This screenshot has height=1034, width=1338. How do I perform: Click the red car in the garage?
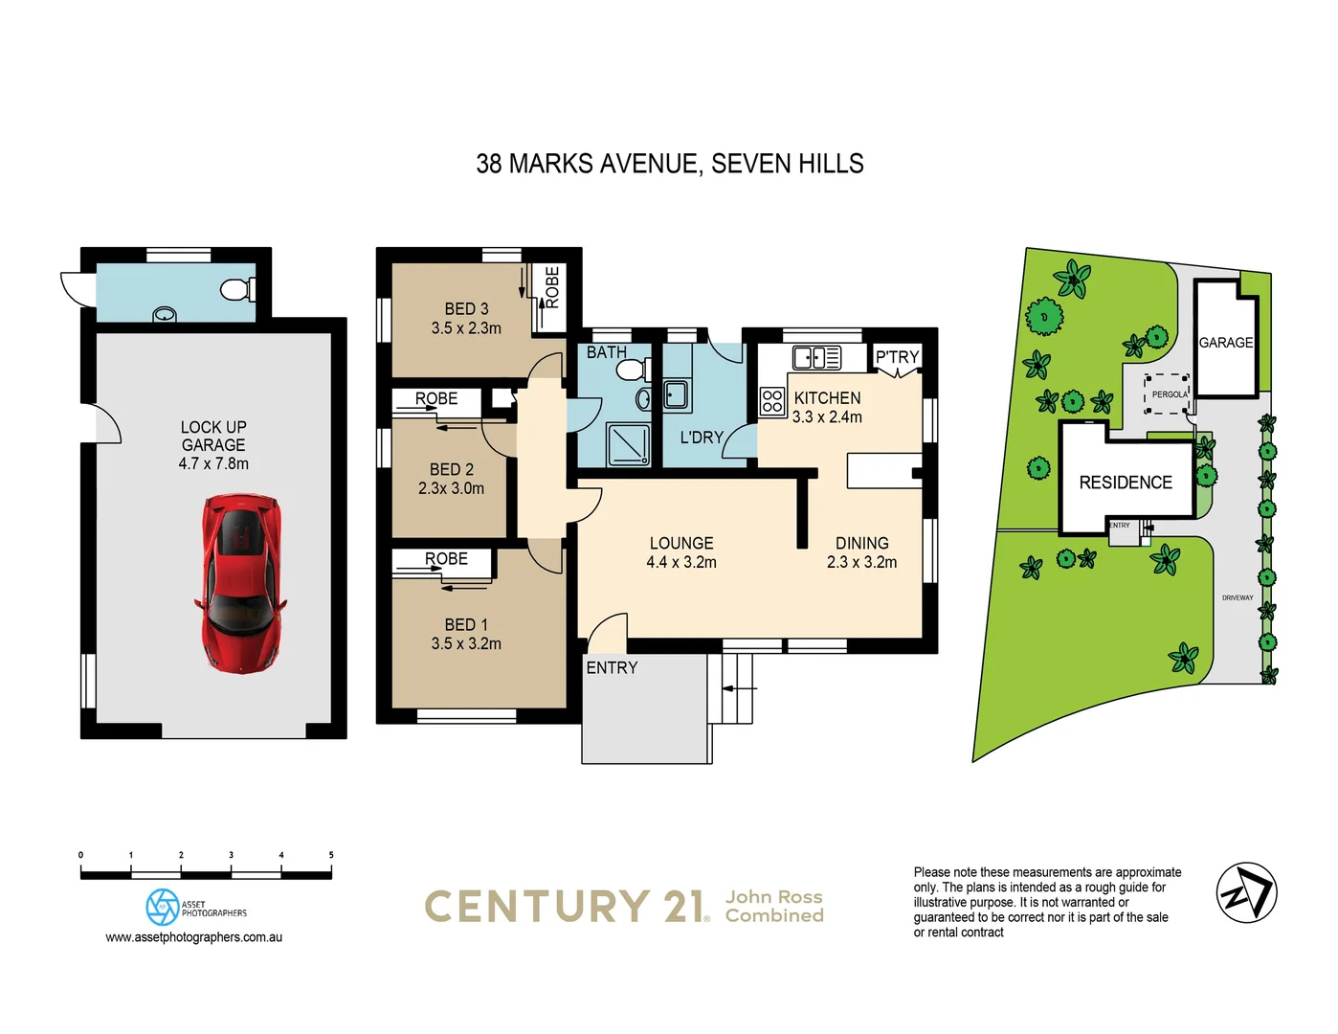pyautogui.click(x=241, y=582)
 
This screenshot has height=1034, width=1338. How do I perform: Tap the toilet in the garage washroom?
pyautogui.click(x=234, y=288)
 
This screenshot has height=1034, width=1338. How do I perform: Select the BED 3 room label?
pyautogui.click(x=466, y=318)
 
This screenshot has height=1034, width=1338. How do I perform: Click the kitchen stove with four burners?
pyautogui.click(x=772, y=402)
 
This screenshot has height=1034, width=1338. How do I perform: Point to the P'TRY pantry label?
pyautogui.click(x=897, y=357)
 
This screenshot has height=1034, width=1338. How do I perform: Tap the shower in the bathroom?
pyautogui.click(x=629, y=443)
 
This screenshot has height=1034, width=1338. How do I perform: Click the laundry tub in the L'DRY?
pyautogui.click(x=676, y=393)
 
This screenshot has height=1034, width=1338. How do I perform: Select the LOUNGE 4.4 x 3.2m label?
pyautogui.click(x=681, y=552)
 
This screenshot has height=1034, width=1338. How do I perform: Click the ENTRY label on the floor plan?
pyautogui.click(x=612, y=668)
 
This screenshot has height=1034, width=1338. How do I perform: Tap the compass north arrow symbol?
pyautogui.click(x=1246, y=892)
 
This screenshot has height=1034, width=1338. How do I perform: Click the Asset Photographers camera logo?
pyautogui.click(x=163, y=907)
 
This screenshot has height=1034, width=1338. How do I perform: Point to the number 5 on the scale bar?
pyautogui.click(x=331, y=855)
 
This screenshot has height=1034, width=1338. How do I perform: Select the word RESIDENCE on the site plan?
pyautogui.click(x=1126, y=483)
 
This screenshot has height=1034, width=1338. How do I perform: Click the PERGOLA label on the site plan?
pyautogui.click(x=1169, y=394)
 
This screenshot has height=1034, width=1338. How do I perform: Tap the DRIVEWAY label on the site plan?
pyautogui.click(x=1237, y=597)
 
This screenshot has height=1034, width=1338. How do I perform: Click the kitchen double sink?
pyautogui.click(x=816, y=358)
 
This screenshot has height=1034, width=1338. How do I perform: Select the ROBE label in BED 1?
pyautogui.click(x=446, y=558)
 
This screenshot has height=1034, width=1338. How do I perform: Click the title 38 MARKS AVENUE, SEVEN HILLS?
pyautogui.click(x=669, y=164)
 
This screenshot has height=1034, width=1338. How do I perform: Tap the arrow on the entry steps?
pyautogui.click(x=739, y=687)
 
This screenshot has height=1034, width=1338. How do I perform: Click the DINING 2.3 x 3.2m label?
pyautogui.click(x=861, y=552)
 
